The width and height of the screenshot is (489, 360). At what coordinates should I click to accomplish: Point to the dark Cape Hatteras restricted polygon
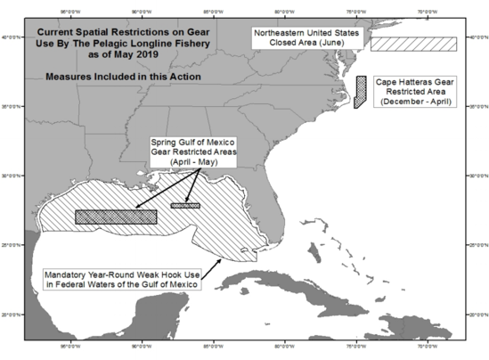coord(360,92)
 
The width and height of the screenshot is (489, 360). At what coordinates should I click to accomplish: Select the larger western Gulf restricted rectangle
coord(116,217)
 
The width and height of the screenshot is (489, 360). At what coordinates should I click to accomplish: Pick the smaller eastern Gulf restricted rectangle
coord(185,206)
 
